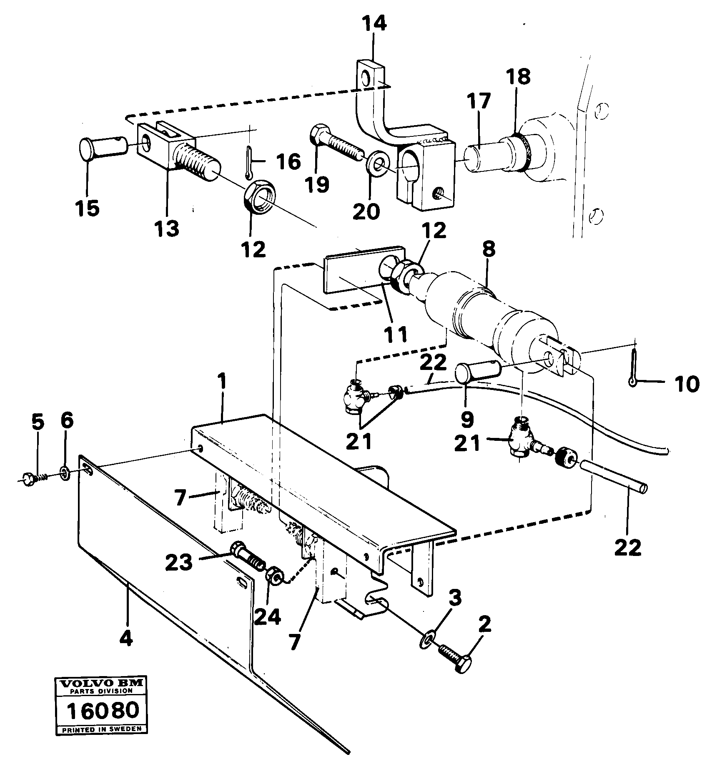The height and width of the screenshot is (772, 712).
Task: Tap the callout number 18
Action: pos(518,77)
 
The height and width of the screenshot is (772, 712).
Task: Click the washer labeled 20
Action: pos(379,163)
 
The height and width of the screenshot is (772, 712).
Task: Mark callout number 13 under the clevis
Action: pos(166,228)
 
